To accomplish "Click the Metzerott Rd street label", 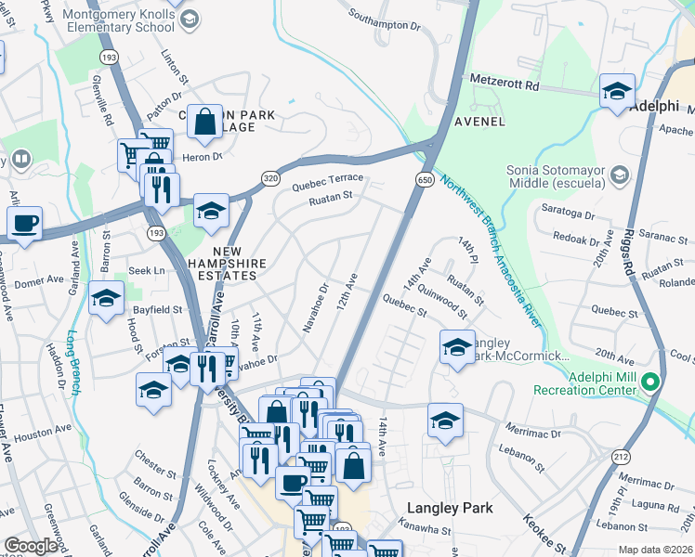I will pyautogui.click(x=505, y=84).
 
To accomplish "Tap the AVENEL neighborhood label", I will pyautogui.click(x=479, y=122).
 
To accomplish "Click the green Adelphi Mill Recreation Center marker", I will pyautogui.click(x=650, y=382).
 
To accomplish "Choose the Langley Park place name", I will pyautogui.click(x=451, y=509).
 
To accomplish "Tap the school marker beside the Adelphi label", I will pyautogui.click(x=616, y=92).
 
